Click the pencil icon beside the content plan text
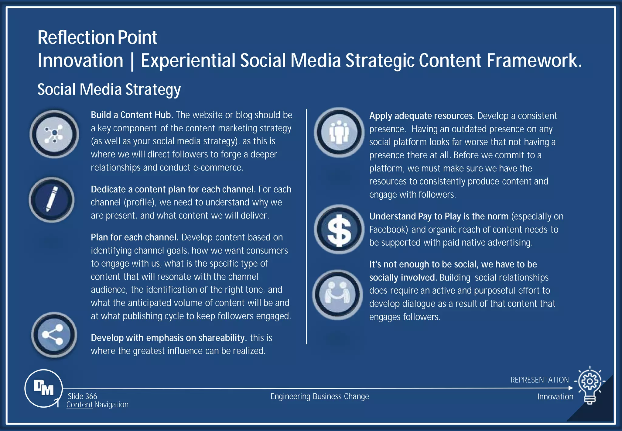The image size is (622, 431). tap(52, 199)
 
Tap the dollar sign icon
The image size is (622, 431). tap(339, 229)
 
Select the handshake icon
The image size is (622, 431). tap(338, 294)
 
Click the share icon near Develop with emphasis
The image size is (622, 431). tap(54, 335)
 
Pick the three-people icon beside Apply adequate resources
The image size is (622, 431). tap(339, 132)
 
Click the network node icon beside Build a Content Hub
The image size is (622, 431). tap(54, 134)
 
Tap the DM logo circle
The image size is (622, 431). tap(44, 388)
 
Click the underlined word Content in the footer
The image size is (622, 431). tap(79, 405)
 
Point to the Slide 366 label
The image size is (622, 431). tap(82, 396)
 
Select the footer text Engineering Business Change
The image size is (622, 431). tap(320, 396)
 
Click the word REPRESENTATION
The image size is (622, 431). tap(539, 380)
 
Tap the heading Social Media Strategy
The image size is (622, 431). tap(109, 89)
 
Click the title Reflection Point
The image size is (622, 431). tap(97, 37)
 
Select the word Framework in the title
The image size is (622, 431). tap(534, 60)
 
